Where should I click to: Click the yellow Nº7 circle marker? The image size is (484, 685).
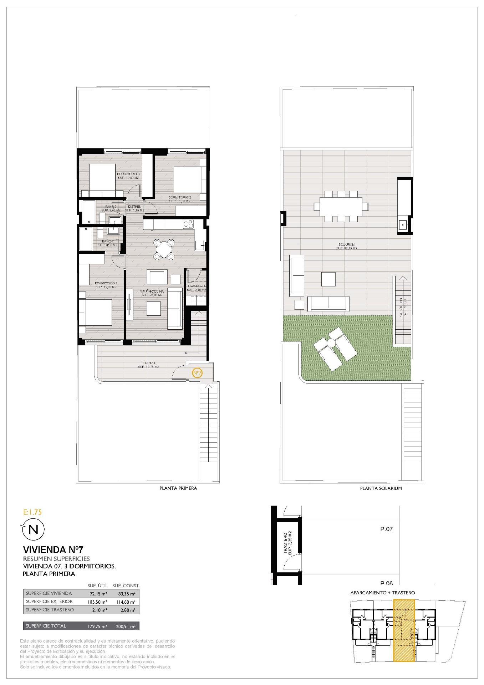coord(197,373)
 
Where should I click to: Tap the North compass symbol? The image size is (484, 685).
coord(34,529)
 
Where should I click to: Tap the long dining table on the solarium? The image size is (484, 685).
coord(341,207)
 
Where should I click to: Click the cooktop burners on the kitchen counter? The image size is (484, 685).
coord(188,224)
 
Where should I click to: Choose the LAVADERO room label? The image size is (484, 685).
coord(196,286)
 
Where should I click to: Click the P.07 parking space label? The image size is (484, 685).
coord(386,529)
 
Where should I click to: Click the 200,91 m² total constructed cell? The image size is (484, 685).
coord(126,626)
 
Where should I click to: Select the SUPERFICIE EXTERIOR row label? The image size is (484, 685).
coord(49,602)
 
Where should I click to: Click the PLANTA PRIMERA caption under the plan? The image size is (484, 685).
coord(178,488)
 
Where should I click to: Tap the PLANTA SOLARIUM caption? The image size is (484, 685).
coord(381,488)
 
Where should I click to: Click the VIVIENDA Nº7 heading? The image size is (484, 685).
coord(53,549)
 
